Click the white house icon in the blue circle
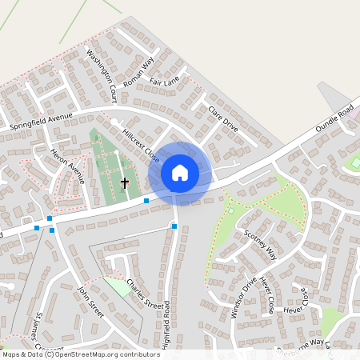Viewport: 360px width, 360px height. [x=180, y=172]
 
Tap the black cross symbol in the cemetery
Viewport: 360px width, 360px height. [x=124, y=182]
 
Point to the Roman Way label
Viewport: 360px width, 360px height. [x=138, y=70]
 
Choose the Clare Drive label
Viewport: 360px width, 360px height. [x=223, y=118]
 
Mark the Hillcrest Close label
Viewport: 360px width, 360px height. [x=141, y=141]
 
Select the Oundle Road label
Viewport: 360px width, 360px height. [x=334, y=117]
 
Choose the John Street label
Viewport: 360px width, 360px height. [x=91, y=301]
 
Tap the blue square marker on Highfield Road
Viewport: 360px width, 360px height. [x=174, y=226]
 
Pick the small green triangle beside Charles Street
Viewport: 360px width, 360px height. [x=118, y=286]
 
